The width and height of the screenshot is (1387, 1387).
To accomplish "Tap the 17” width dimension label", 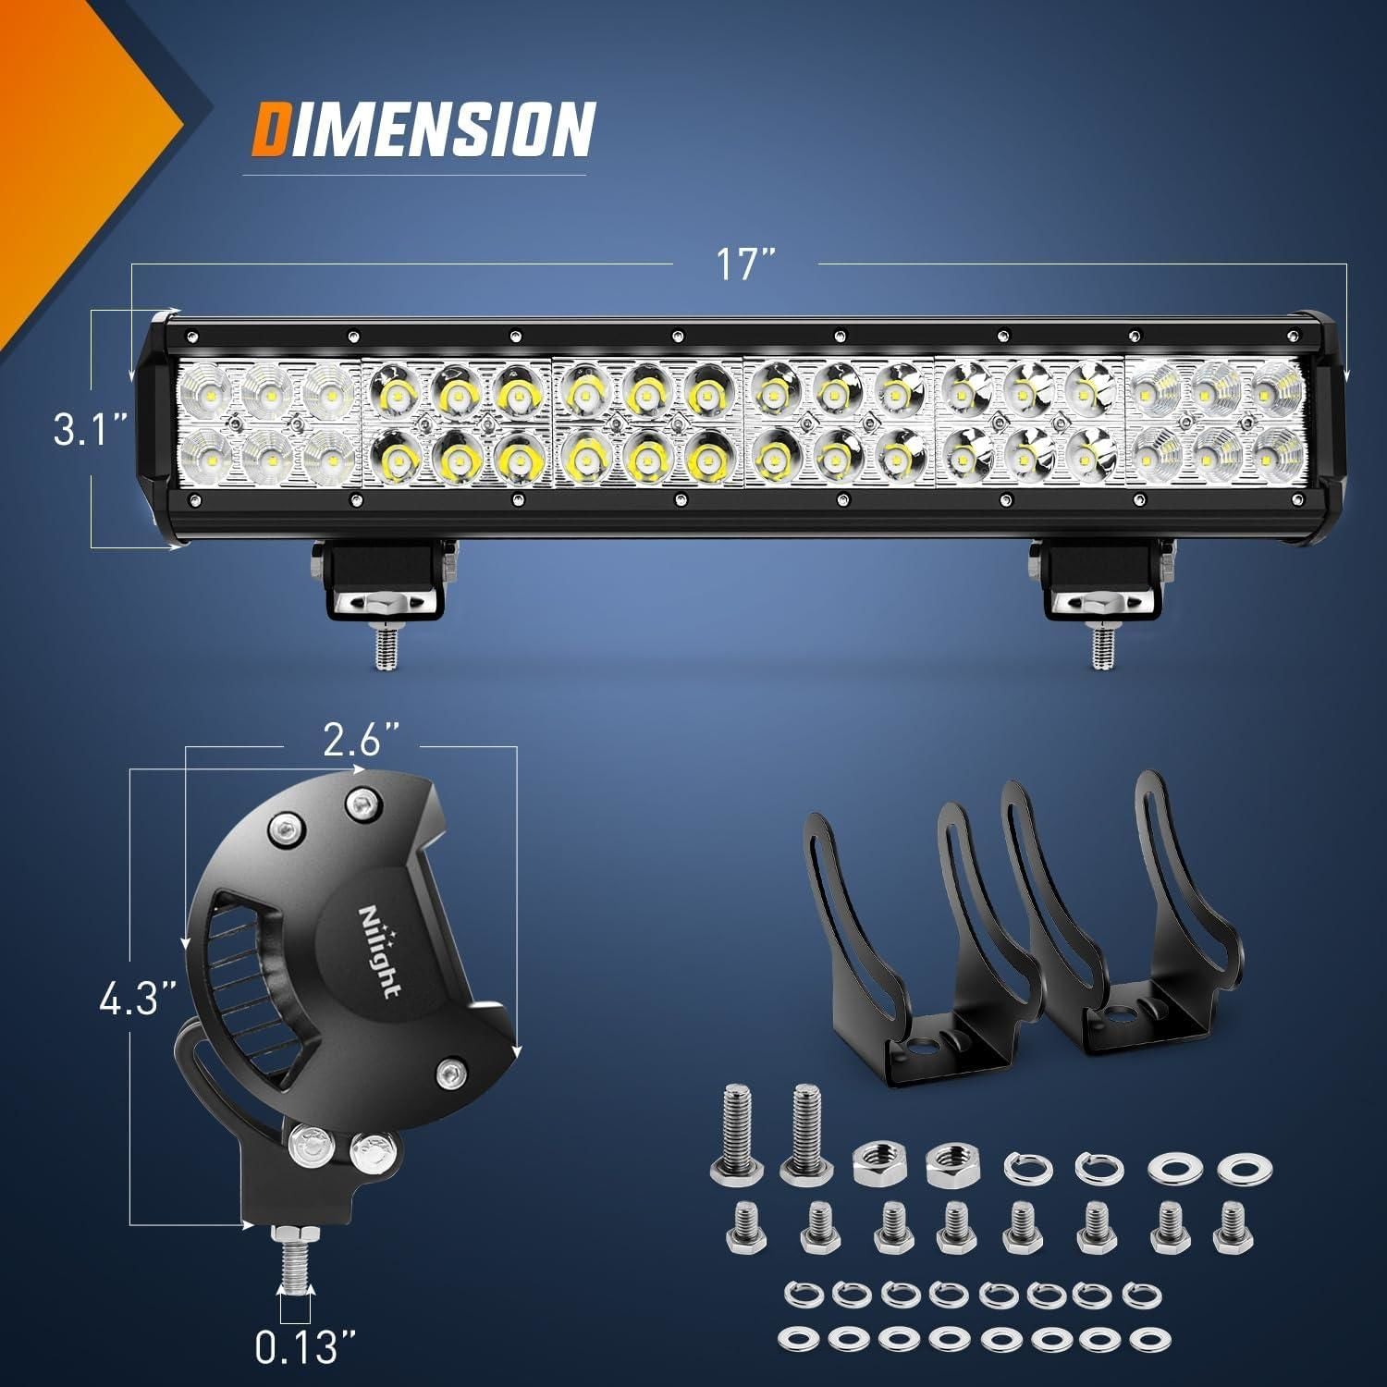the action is (744, 265).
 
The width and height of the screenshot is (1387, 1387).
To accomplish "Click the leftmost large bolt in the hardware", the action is (733, 1136).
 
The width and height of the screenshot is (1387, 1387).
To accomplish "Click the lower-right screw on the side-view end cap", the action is (450, 1073).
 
